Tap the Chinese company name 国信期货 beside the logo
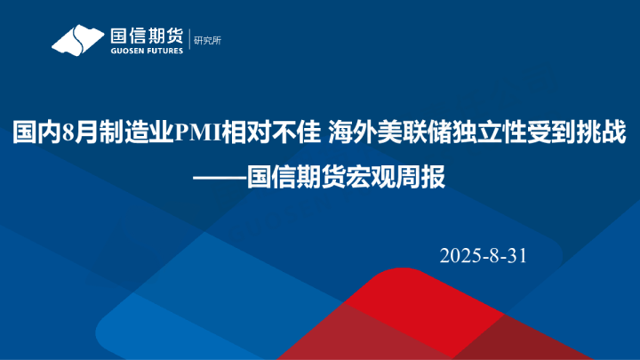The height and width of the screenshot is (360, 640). (146, 36)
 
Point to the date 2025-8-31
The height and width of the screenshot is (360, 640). (484, 256)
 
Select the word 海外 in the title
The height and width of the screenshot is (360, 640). (348, 134)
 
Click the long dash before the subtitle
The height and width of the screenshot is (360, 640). (220, 177)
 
